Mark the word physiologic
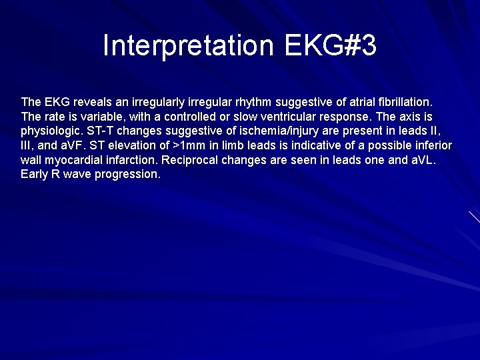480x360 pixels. click(49, 131)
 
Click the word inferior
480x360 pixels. click(431, 145)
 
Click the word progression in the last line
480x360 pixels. click(130, 175)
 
